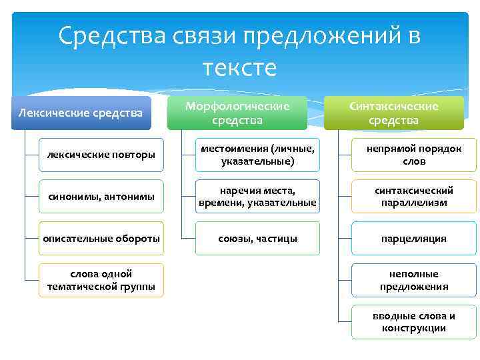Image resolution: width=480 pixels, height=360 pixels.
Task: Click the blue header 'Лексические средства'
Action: (x=81, y=113)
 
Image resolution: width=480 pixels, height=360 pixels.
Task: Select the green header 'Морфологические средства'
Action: (x=237, y=113)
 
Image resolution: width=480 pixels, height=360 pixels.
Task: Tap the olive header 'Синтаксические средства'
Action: (x=393, y=113)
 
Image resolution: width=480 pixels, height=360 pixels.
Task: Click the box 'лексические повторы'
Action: (x=101, y=155)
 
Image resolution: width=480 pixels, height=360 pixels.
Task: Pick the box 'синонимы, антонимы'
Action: (x=101, y=196)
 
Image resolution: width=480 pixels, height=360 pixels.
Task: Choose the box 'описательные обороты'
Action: (x=101, y=238)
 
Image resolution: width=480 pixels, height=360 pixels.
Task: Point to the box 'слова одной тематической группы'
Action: (x=101, y=280)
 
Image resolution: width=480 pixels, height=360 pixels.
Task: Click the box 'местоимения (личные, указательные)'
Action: (x=257, y=155)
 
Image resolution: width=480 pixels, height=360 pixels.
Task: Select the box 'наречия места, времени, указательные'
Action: (x=257, y=196)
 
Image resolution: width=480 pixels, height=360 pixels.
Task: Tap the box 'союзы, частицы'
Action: (x=257, y=238)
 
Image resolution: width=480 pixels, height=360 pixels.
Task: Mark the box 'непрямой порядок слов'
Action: (x=414, y=155)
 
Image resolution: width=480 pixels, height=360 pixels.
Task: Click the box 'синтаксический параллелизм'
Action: (x=414, y=196)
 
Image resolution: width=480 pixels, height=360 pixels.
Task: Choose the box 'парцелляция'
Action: (x=414, y=238)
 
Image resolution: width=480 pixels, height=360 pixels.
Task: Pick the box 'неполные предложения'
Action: (x=414, y=280)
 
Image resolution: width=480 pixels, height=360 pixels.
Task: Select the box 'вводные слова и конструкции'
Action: (x=414, y=322)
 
